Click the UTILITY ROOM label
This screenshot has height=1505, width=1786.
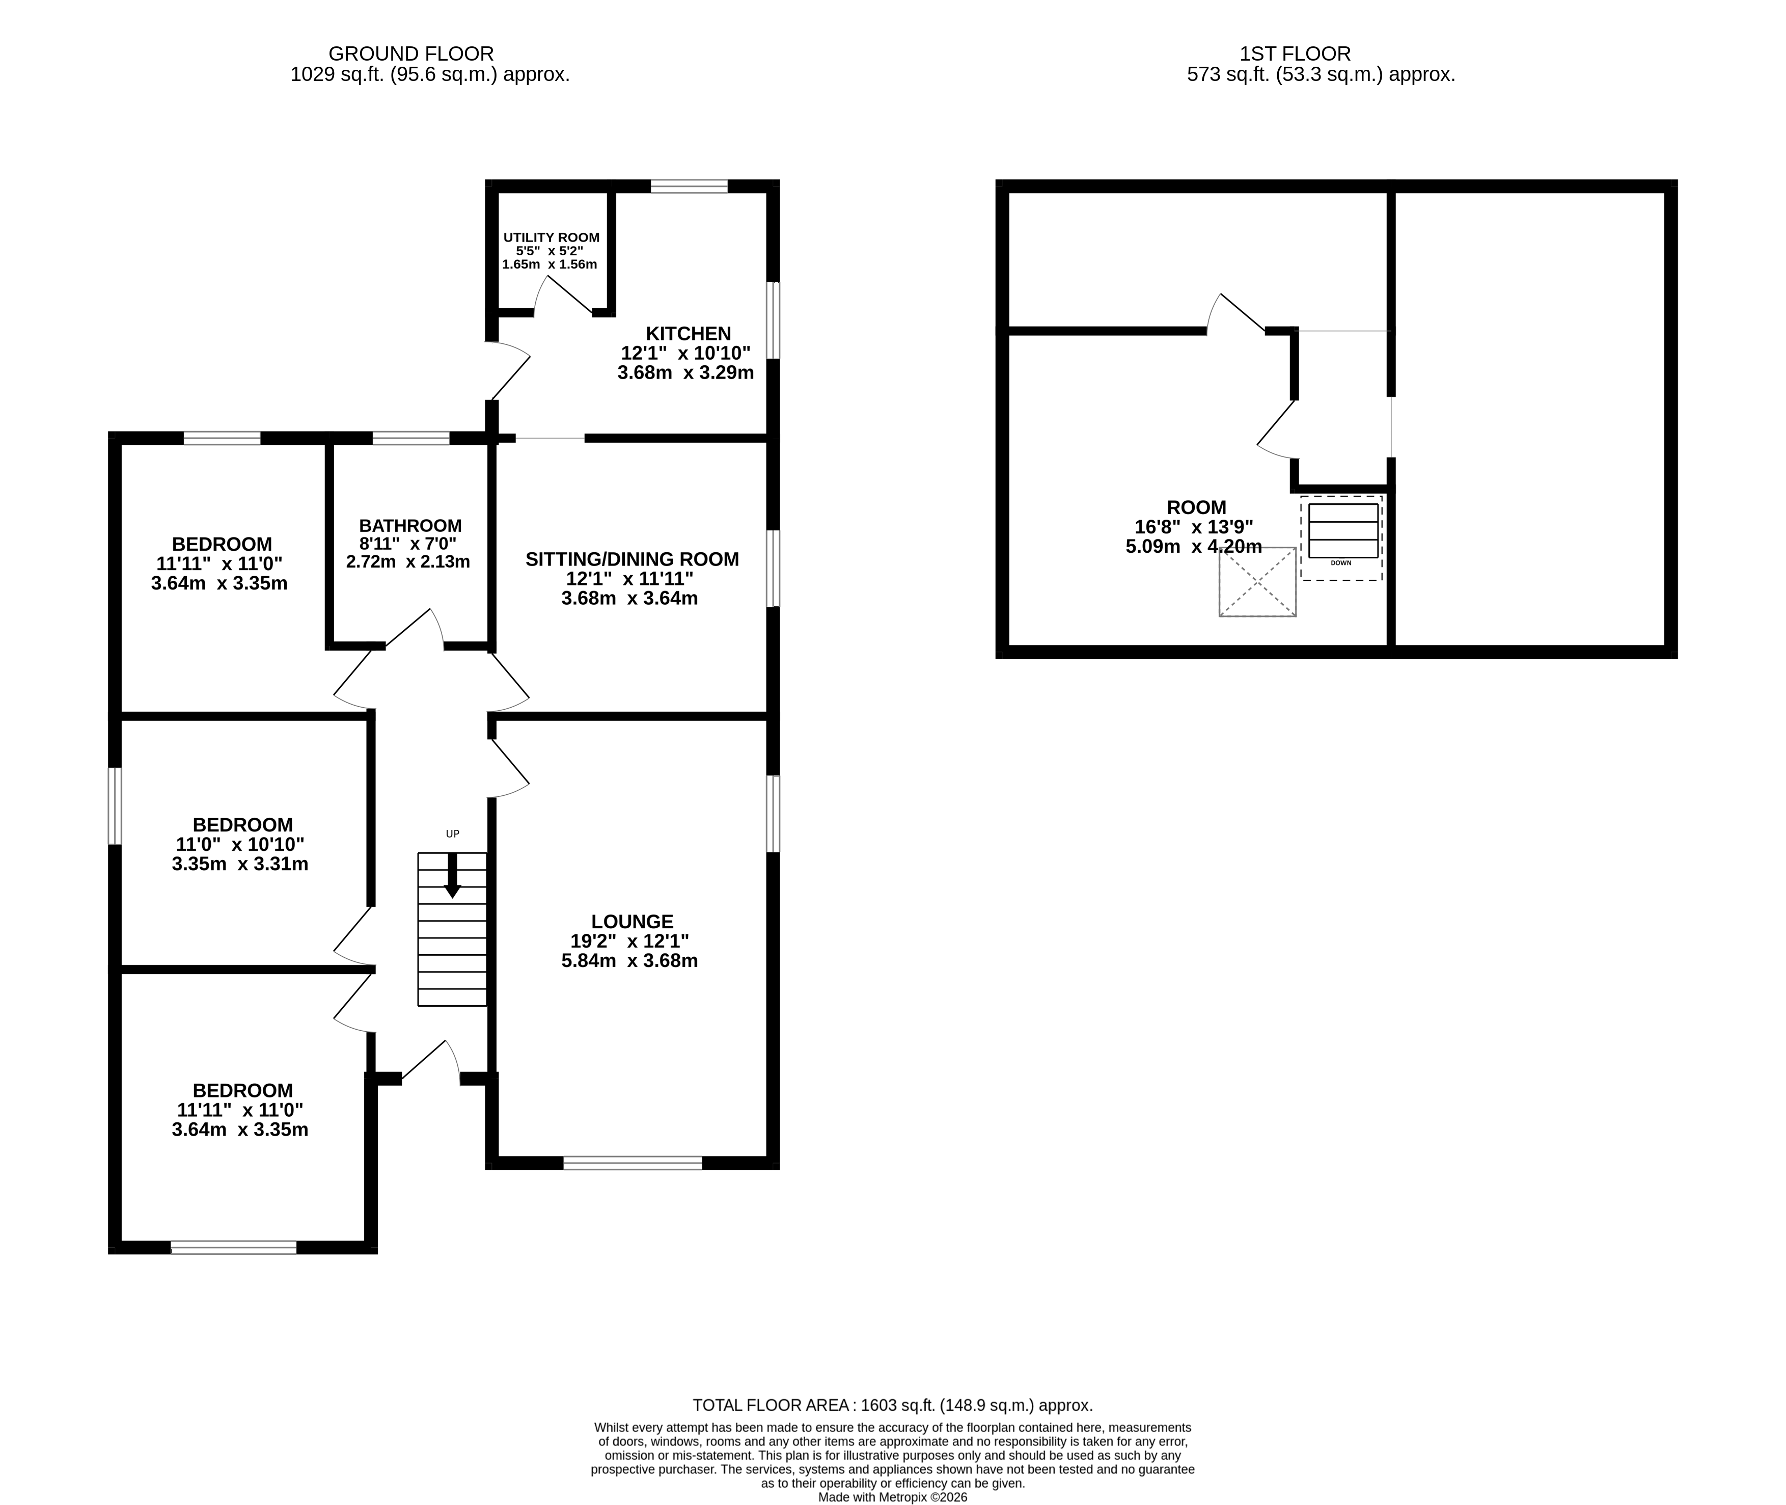551,238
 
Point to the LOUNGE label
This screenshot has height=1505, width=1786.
632,922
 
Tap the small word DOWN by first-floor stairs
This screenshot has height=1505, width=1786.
1341,563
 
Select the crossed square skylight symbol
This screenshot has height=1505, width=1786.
1257,582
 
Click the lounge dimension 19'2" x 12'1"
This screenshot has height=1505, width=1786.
629,941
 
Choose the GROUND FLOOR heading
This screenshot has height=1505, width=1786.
410,54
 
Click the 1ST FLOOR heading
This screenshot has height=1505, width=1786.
1295,54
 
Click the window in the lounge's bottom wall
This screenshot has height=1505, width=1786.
632,1162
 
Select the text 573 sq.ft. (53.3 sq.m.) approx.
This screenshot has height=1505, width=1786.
1321,75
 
